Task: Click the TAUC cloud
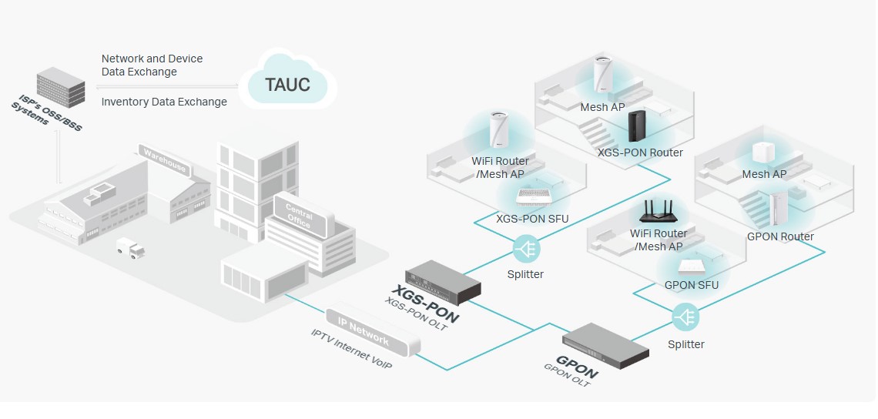[287, 83]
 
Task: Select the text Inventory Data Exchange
[164, 102]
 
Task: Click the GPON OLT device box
[605, 345]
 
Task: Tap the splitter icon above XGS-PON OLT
[526, 249]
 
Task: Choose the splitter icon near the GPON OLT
[685, 317]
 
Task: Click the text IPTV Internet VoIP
[351, 349]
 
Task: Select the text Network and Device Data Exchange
[152, 65]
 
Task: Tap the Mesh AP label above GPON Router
[764, 174]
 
